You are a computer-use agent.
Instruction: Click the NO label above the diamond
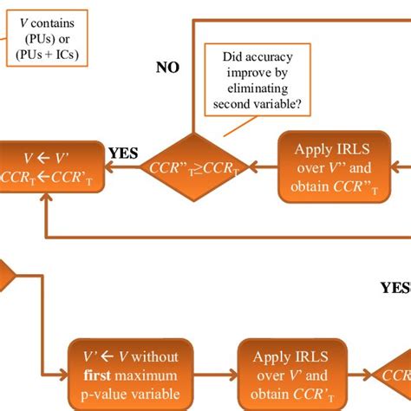tap(167, 68)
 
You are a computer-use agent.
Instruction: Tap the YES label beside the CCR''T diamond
tap(123, 153)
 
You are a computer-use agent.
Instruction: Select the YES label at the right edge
tap(395, 287)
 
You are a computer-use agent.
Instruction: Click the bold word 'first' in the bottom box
tap(98, 375)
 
